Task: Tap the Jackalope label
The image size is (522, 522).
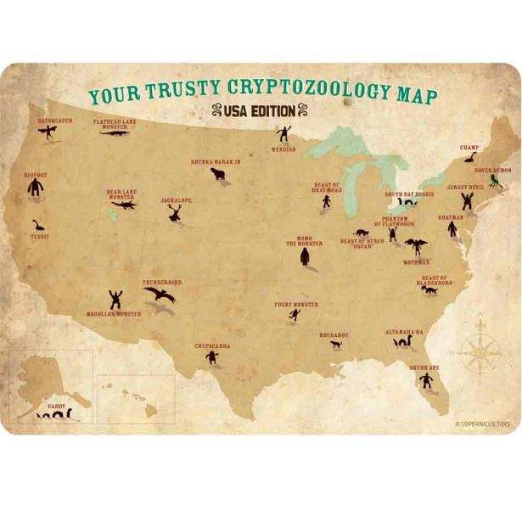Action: (x=175, y=200)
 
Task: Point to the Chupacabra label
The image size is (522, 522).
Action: (x=211, y=346)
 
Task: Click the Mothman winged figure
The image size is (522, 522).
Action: (x=416, y=247)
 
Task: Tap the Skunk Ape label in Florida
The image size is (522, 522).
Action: (x=424, y=368)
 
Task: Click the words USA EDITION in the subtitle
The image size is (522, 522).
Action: (x=261, y=109)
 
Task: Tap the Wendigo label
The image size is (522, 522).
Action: (x=283, y=149)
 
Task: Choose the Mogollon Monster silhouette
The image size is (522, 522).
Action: (x=115, y=299)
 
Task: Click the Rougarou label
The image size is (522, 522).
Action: (x=334, y=334)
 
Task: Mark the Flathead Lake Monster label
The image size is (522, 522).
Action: (x=115, y=124)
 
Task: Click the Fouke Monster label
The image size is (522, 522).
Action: (x=295, y=303)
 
